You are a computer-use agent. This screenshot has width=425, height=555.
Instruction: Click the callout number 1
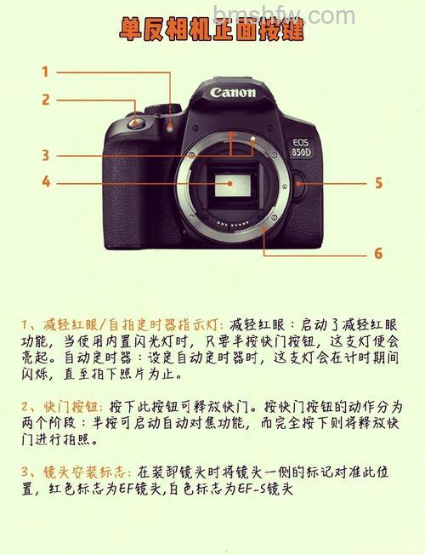45,72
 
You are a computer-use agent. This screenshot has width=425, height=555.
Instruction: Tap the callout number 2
46,100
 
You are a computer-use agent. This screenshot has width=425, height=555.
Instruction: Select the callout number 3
46,155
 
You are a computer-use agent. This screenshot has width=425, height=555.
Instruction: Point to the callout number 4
46,182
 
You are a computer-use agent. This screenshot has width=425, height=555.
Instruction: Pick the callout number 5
379,183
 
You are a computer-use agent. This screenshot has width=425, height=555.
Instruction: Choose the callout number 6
378,254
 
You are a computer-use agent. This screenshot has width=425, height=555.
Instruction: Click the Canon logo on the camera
233,93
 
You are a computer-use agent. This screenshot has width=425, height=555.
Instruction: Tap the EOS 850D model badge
301,147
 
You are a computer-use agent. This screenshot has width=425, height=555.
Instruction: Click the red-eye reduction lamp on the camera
170,127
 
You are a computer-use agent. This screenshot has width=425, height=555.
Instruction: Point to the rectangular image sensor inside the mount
233,186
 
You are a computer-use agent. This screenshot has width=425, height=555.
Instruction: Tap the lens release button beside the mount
299,184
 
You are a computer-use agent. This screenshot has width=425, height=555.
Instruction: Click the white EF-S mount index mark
252,139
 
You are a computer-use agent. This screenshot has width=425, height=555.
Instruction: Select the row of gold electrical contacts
232,224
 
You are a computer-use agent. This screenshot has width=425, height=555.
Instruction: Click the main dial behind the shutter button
163,109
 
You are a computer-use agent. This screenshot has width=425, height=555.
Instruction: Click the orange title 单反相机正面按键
212,29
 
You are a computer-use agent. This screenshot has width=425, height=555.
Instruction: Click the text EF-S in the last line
251,489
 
